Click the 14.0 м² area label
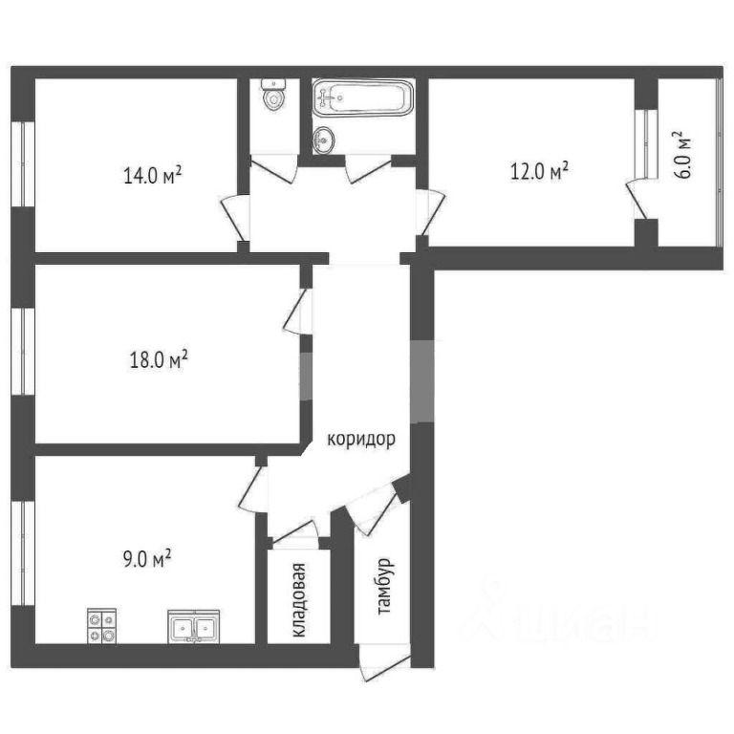point(153,176)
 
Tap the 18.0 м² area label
point(159,360)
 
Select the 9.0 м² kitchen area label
point(147,558)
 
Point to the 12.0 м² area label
point(539,171)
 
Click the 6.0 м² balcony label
point(682,155)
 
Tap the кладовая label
point(298,599)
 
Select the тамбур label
point(386,586)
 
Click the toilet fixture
point(274,94)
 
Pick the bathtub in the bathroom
point(363,97)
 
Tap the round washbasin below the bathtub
point(324,140)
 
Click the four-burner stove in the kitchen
point(102,626)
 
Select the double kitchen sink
point(194,627)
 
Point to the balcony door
point(637,199)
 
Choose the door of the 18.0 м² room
point(298,312)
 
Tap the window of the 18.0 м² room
point(23,351)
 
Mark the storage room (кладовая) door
point(296,532)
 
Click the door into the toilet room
point(274,167)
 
